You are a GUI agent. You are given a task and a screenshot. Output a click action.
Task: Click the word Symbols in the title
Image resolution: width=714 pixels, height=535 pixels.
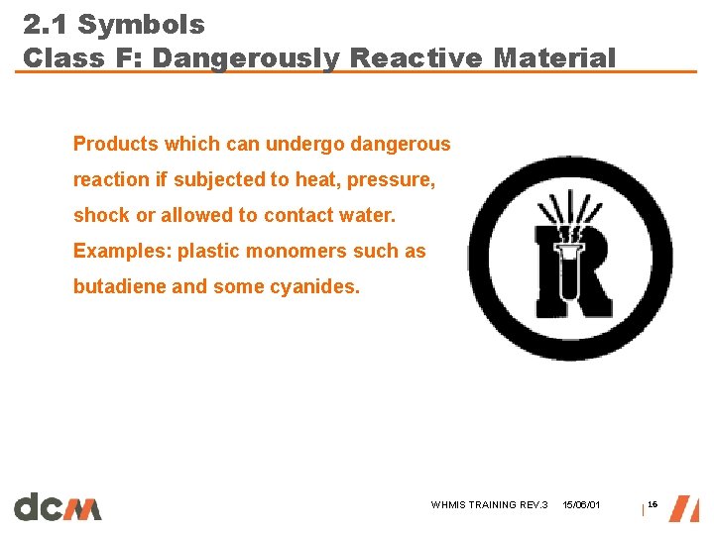(x=141, y=25)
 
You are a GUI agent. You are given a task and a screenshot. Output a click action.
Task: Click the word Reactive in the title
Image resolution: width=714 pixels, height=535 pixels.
(x=416, y=57)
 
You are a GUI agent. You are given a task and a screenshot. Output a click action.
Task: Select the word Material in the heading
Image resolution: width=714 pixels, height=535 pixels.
(x=554, y=57)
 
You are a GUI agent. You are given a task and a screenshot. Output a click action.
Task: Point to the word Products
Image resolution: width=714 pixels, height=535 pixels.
(x=116, y=144)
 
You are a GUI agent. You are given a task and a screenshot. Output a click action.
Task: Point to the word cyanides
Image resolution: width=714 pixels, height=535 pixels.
(x=321, y=286)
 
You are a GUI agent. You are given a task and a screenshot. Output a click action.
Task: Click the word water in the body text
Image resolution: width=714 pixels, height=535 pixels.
(x=367, y=215)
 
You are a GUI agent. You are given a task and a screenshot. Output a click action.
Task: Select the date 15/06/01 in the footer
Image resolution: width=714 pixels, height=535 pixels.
(x=581, y=505)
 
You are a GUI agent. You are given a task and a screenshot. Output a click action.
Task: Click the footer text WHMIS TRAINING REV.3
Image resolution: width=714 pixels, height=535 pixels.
(x=489, y=505)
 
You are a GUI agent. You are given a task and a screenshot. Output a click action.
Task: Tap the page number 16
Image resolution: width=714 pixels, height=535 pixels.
(x=653, y=505)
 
